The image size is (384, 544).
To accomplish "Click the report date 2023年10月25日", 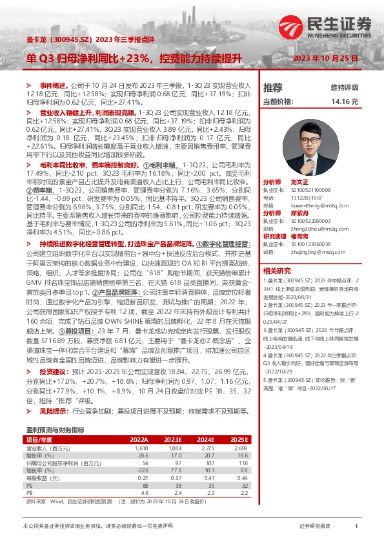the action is [x=325, y=58].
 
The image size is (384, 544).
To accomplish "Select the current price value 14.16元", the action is [x=345, y=101].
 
